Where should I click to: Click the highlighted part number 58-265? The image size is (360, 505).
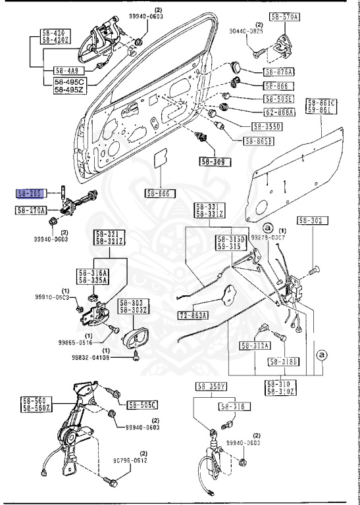point(30,193)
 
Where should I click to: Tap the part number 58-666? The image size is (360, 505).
point(159,193)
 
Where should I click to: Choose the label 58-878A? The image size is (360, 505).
point(280,72)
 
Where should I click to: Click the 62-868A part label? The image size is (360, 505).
point(280,112)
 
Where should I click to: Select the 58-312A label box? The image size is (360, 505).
point(255,345)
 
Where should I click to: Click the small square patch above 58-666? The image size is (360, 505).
point(159,162)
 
